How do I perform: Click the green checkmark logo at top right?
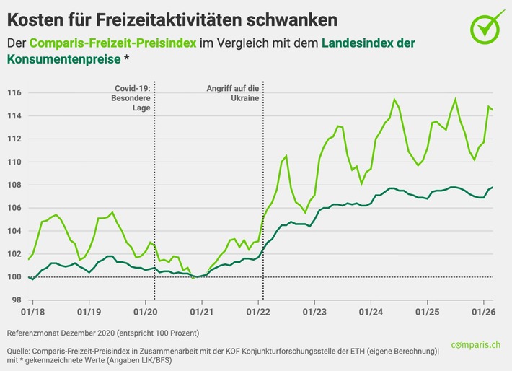click(487, 25)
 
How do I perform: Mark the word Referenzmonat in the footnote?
click(37, 333)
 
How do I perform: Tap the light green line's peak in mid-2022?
click(286, 155)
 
